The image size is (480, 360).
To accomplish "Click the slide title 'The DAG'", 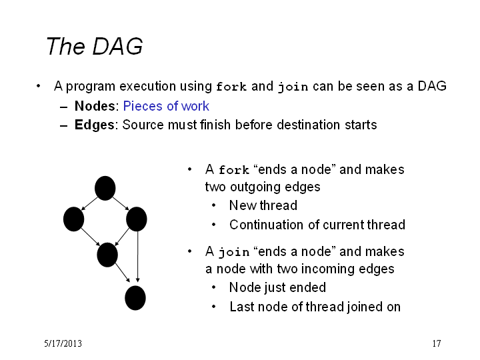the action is (94, 46).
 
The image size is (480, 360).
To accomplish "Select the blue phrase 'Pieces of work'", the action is (166, 106).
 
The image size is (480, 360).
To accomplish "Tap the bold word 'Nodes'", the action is (95, 106).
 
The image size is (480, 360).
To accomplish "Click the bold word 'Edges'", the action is (94, 125).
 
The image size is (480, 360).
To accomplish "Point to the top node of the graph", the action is (105, 188).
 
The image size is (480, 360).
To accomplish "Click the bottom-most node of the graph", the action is (135, 298).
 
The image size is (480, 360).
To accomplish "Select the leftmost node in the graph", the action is (73, 219).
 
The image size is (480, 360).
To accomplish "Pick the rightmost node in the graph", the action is (137, 219).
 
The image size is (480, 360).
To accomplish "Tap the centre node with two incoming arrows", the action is (107, 255).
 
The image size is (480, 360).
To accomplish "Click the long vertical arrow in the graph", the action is (138, 257).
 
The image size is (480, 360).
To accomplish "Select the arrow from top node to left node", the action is (89, 204).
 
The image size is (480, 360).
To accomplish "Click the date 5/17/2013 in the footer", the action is (63, 343).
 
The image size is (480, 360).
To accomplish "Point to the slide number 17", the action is (437, 343).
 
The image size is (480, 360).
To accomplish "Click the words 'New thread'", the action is (263, 205).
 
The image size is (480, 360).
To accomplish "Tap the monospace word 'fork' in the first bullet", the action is (231, 87).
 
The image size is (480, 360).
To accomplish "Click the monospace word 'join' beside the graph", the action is (234, 252).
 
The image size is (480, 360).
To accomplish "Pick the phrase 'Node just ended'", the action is (277, 287).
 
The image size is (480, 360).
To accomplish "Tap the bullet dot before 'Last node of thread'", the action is (214, 307).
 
